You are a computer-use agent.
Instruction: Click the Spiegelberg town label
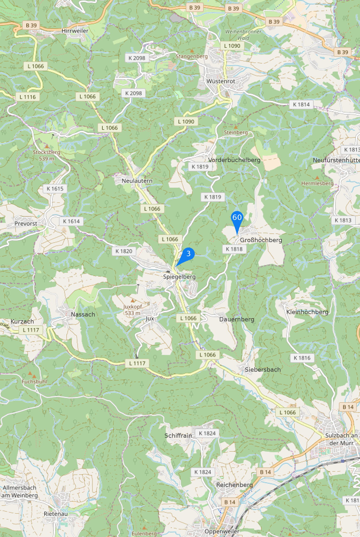(x=179, y=277)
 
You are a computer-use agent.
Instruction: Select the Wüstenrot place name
(x=221, y=81)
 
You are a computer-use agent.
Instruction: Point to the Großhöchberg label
(x=261, y=240)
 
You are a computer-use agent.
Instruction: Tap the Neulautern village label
(x=137, y=181)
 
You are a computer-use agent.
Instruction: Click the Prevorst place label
(x=26, y=224)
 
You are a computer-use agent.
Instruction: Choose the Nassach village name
(x=83, y=314)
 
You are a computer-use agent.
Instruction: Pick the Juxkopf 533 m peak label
(x=133, y=310)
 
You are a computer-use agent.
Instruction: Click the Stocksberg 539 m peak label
(x=46, y=155)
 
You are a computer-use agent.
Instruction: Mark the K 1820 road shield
(x=124, y=251)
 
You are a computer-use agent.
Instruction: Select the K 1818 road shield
(x=234, y=249)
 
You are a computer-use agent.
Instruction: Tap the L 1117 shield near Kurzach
(x=31, y=330)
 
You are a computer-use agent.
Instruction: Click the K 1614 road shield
(x=71, y=221)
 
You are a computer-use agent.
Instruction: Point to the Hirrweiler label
(x=75, y=31)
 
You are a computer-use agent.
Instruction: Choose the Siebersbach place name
(x=263, y=370)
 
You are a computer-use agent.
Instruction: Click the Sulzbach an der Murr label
(x=341, y=439)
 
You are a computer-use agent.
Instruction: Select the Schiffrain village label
(x=178, y=436)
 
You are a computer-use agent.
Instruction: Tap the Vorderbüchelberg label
(x=234, y=160)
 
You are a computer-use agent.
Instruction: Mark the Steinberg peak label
(x=236, y=132)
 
